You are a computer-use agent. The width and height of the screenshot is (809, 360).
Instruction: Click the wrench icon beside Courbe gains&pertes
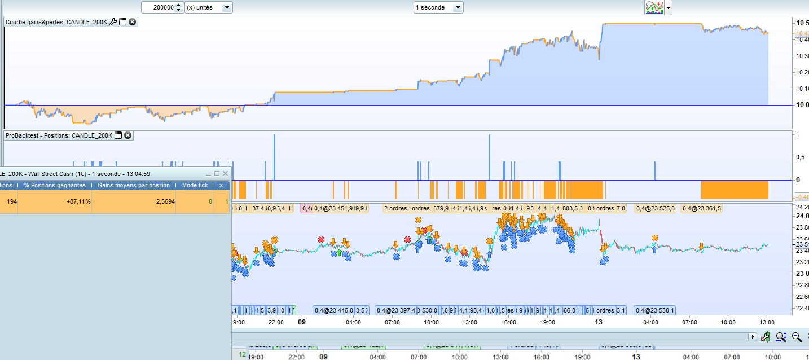click(113, 22)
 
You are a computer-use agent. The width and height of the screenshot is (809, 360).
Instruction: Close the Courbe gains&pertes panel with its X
click(132, 22)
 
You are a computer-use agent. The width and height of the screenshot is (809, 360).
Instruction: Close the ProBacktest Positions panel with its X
click(127, 135)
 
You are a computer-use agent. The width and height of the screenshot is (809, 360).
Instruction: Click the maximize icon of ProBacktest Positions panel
click(118, 135)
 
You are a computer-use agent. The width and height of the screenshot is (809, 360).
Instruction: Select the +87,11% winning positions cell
click(55, 201)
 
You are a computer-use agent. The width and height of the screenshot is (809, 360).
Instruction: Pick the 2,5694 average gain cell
click(134, 201)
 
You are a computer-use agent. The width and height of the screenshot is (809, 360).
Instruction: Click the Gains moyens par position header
click(134, 185)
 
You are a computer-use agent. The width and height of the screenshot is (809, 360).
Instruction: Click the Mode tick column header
click(195, 185)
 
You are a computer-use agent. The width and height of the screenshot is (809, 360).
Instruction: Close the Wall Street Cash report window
click(225, 174)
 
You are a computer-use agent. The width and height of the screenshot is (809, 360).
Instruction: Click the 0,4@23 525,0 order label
click(656, 208)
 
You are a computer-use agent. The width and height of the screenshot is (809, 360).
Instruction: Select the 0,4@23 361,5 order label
click(702, 208)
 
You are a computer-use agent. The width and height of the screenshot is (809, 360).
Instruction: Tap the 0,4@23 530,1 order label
click(655, 310)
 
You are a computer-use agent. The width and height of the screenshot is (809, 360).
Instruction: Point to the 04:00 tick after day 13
click(650, 322)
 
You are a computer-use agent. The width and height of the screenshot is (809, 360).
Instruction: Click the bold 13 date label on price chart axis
click(599, 322)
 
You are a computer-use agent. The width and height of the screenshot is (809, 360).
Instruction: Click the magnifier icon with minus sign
click(797, 337)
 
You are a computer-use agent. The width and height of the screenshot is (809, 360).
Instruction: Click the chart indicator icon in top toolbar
click(654, 7)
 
